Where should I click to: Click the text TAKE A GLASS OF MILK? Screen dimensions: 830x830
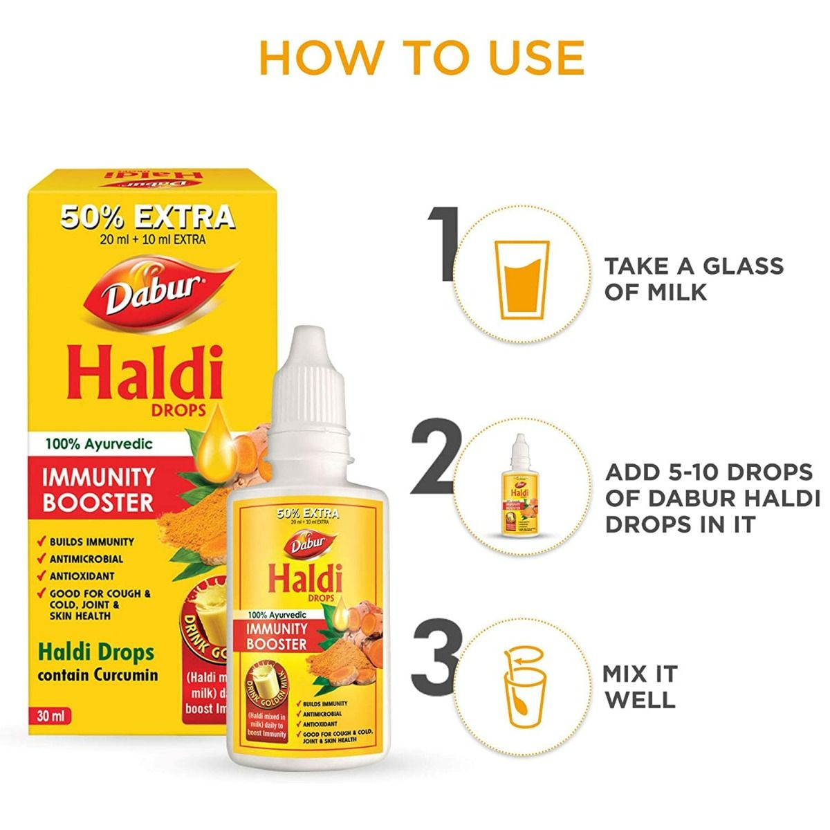694,278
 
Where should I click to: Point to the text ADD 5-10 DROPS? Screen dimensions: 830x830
709,472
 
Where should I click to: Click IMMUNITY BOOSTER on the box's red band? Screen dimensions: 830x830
98,489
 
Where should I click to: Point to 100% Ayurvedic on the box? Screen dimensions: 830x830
101,444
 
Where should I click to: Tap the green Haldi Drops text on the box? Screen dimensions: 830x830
96,652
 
